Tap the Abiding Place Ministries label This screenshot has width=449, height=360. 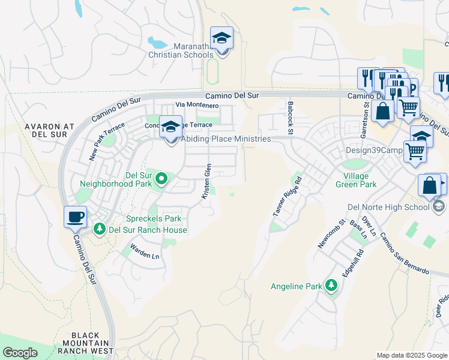point(226,139)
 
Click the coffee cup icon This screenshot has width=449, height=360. point(76,218)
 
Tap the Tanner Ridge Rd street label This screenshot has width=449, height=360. point(287,197)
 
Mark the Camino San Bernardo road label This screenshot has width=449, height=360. point(404,253)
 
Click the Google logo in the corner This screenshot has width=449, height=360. point(20,353)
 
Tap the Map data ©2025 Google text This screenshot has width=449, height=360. point(411,355)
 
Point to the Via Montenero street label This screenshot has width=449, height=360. point(197,105)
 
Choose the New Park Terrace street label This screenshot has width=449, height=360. point(106,142)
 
